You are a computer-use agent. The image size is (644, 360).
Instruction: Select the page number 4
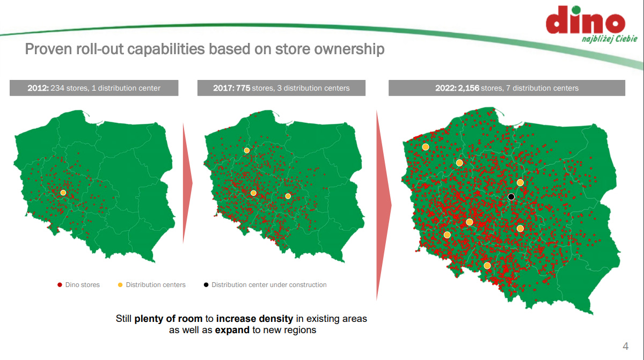tap(625, 346)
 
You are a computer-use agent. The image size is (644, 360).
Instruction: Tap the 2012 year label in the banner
tap(38, 88)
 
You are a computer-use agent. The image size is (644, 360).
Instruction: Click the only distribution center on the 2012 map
tap(63, 193)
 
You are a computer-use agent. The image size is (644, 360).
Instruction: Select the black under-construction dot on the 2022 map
tap(511, 197)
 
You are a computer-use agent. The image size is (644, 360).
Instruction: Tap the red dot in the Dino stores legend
tap(59, 285)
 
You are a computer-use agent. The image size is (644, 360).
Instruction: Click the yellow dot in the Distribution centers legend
tap(120, 285)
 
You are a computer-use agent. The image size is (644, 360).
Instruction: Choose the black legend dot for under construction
tap(206, 285)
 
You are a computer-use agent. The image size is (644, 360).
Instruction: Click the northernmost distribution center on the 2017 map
tap(247, 151)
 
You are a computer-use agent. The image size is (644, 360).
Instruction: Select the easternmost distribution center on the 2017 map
tap(288, 196)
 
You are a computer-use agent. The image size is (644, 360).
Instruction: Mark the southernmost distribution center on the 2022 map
tap(487, 266)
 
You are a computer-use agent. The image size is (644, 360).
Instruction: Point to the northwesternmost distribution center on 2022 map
tap(426, 147)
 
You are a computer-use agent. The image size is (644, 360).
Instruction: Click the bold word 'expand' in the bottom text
tap(232, 330)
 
